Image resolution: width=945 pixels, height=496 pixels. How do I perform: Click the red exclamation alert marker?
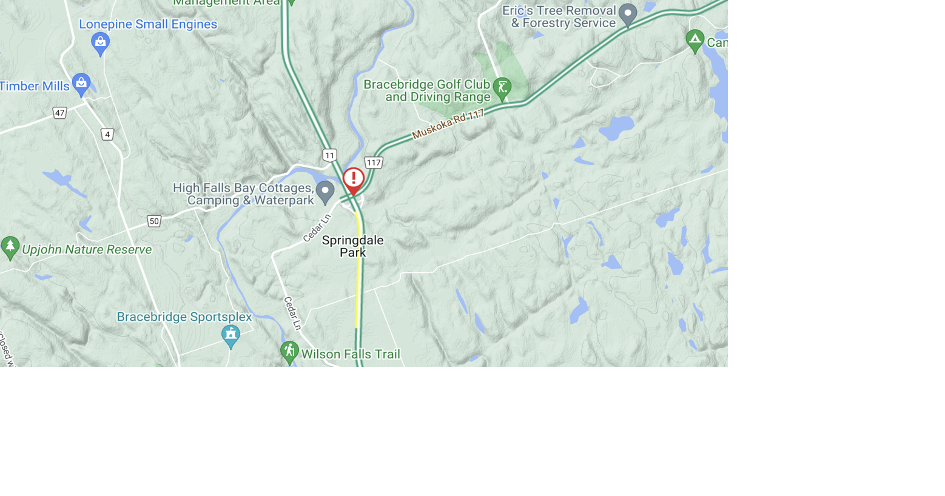[353, 179]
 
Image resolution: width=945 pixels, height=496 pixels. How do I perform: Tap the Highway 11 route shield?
[329, 155]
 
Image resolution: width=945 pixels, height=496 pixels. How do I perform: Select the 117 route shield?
[374, 163]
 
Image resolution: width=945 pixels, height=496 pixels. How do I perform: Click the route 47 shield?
[59, 113]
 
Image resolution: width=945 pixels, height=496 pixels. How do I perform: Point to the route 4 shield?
[107, 135]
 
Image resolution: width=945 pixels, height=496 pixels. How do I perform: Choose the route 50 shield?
[154, 221]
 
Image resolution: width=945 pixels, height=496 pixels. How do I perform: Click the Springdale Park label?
[352, 246]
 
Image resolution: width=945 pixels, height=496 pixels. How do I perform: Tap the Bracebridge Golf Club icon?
[502, 88]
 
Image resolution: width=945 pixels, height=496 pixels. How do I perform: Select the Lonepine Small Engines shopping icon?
[100, 43]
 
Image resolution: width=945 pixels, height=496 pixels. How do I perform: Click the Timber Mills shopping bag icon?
[81, 84]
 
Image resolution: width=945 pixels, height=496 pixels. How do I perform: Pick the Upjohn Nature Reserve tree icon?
[10, 247]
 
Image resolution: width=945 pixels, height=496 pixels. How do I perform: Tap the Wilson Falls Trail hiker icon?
[289, 352]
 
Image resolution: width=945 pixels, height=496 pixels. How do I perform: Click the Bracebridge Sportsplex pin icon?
[230, 335]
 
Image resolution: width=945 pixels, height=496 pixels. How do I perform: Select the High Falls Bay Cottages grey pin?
[325, 192]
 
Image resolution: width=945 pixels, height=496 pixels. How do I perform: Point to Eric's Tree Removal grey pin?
[628, 14]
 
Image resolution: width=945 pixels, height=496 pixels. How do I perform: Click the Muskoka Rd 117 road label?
[448, 124]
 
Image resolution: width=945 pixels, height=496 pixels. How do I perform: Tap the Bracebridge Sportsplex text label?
[184, 317]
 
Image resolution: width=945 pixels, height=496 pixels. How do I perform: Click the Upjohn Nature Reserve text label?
[87, 249]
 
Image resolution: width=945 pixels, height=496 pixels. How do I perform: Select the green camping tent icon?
[694, 41]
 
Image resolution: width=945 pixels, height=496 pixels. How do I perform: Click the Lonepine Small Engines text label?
[148, 24]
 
